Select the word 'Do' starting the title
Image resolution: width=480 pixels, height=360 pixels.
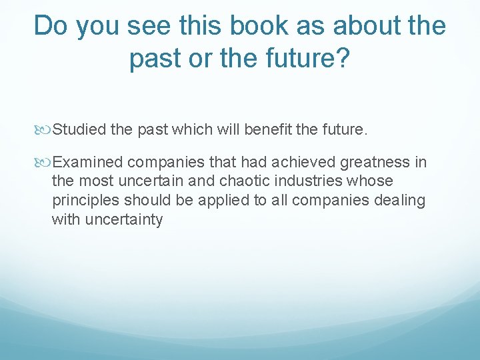click(51, 26)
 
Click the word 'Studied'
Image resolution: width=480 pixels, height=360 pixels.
click(79, 129)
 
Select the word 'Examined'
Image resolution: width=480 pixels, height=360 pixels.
click(88, 162)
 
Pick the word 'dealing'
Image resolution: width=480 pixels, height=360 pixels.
click(399, 201)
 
